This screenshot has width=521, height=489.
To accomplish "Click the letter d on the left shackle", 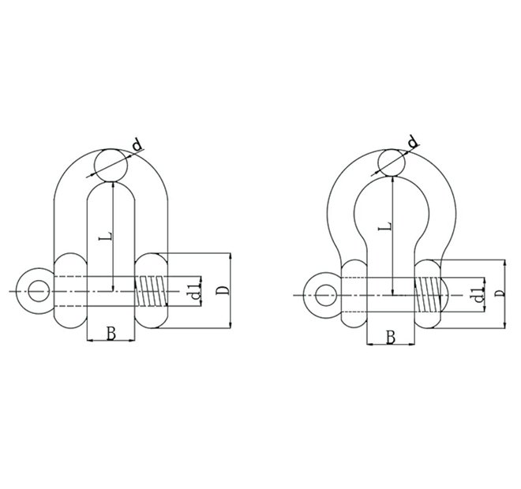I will point(137,145).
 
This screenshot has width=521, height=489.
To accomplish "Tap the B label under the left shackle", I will point(111,334).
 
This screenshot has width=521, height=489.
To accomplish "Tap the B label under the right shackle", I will point(392,338).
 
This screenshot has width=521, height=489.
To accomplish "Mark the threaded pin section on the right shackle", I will point(427,296).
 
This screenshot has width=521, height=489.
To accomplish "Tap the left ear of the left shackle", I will point(69,291).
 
